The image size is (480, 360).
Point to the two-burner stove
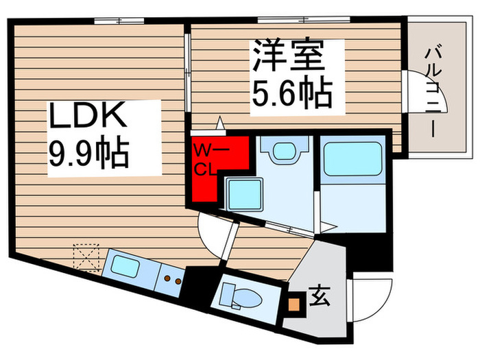[171, 279]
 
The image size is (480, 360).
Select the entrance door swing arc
[365, 298]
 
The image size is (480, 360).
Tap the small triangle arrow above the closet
[220, 124]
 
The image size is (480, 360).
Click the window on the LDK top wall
[113, 21]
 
